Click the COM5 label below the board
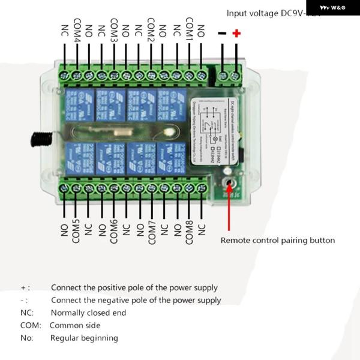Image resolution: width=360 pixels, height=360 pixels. (76, 232)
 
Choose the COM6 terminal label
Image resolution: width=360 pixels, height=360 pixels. (114, 232)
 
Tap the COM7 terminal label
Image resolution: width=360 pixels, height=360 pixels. (152, 232)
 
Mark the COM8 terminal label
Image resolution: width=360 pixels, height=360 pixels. (189, 232)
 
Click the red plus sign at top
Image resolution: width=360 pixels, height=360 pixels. (236, 34)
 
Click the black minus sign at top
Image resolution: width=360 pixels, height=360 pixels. (222, 34)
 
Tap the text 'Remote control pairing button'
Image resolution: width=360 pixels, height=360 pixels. (278, 241)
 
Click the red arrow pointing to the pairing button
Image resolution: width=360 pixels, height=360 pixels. (229, 210)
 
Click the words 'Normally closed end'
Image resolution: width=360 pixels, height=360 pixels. (88, 313)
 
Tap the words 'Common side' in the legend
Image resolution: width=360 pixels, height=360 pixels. (75, 325)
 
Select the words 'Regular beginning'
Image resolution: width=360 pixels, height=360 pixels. (84, 338)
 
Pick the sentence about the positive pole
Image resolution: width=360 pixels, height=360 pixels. (134, 288)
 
